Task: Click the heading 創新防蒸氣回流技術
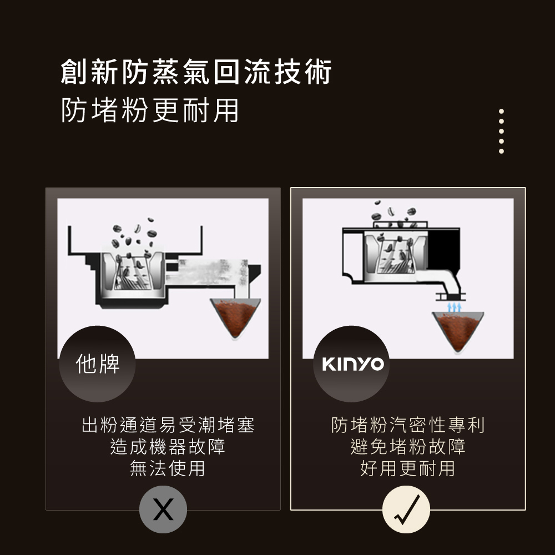click(196, 72)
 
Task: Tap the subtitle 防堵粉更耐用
click(150, 110)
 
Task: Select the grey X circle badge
click(163, 509)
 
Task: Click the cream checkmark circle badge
click(406, 509)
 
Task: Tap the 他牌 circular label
click(97, 364)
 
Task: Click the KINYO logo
click(353, 364)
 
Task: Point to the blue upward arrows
click(454, 307)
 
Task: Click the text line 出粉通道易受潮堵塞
click(168, 425)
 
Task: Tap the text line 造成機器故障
click(168, 447)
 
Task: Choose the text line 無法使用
click(168, 468)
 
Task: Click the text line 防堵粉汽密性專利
click(408, 425)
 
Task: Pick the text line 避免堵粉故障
click(408, 447)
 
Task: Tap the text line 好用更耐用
click(408, 468)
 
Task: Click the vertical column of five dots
click(501, 132)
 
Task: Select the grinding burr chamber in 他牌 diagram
click(133, 273)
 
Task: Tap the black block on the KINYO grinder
click(443, 249)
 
